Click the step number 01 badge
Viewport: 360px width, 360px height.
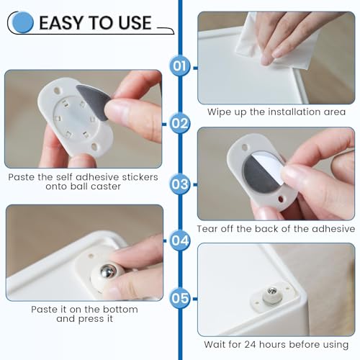[x=179, y=67]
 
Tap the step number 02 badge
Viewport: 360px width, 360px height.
[x=179, y=122]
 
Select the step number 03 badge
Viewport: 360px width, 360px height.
[x=179, y=184]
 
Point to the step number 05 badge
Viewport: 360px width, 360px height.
[x=179, y=297]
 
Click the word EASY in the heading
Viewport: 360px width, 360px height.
[x=63, y=23]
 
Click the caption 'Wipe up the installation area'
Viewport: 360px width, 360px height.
[x=276, y=112]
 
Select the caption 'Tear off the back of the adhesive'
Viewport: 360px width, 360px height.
[x=276, y=229]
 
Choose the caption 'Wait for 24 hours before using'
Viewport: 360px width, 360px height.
[x=276, y=344]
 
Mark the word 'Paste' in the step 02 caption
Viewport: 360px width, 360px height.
[x=20, y=175]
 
